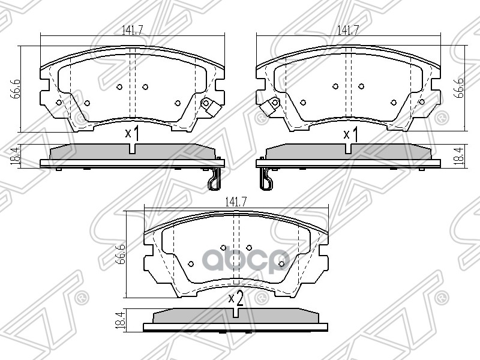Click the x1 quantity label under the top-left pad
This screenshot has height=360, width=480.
click(x=132, y=134)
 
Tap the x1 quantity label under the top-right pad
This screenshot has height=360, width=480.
click(x=350, y=134)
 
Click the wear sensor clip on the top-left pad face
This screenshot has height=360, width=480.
click(x=208, y=104)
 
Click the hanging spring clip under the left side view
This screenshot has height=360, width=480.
click(x=214, y=178)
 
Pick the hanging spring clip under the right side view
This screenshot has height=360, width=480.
click(x=265, y=178)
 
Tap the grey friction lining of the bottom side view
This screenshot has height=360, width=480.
click(x=236, y=316)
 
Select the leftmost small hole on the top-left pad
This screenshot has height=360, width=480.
click(x=59, y=103)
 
